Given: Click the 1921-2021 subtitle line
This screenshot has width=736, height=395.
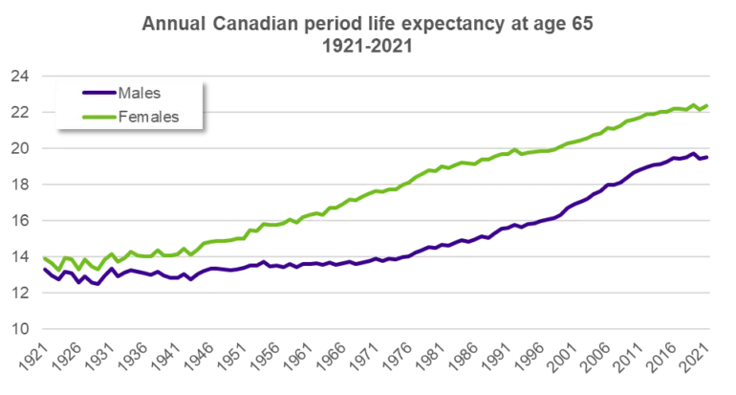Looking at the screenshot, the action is click(x=367, y=46).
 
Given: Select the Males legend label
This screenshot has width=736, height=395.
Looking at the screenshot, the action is click(x=140, y=93).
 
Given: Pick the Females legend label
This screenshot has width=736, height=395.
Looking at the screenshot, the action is click(x=149, y=117).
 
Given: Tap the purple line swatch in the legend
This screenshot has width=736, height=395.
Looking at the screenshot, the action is click(x=99, y=93).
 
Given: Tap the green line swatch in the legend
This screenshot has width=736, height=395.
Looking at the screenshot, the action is click(x=99, y=117).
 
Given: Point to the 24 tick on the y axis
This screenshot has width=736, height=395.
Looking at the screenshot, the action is click(x=20, y=77).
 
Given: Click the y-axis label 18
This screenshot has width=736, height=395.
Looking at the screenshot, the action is click(x=20, y=185).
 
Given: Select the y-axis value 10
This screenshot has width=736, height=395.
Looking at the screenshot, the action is click(x=20, y=329).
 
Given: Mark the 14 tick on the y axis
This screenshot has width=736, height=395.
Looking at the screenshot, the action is click(x=20, y=257).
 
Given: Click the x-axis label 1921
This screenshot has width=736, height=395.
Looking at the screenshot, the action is click(x=33, y=357).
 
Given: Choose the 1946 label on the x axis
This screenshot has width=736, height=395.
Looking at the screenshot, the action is click(x=198, y=357).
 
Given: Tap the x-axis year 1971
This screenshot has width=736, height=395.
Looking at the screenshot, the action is click(x=363, y=357).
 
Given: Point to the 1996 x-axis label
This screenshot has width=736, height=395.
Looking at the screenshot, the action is click(x=528, y=357).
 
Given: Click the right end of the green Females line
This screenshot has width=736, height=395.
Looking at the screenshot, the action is click(x=707, y=105).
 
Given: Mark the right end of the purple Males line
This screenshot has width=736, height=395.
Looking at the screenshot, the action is click(x=707, y=158).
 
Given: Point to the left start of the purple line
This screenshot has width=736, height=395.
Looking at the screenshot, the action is click(x=45, y=269).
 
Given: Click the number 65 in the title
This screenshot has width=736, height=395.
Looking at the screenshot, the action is click(x=582, y=24).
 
